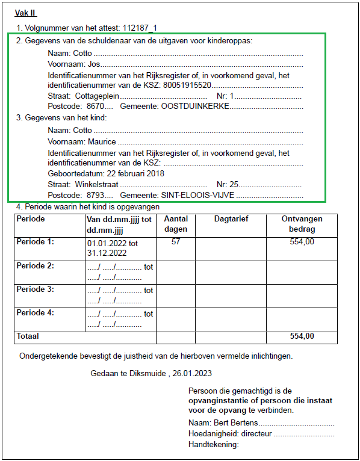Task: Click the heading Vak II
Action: point(25,13)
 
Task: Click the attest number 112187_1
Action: point(140,28)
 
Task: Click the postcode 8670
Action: point(95,106)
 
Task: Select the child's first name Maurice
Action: point(102,142)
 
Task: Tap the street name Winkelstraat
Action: point(96,184)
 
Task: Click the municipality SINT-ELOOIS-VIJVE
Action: point(199,196)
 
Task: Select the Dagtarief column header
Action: point(231,220)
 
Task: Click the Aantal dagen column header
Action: point(176,224)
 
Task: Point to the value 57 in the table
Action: point(176,241)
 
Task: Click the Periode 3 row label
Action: point(36,289)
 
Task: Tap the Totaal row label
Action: point(28,336)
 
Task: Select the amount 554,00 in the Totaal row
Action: point(302,336)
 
